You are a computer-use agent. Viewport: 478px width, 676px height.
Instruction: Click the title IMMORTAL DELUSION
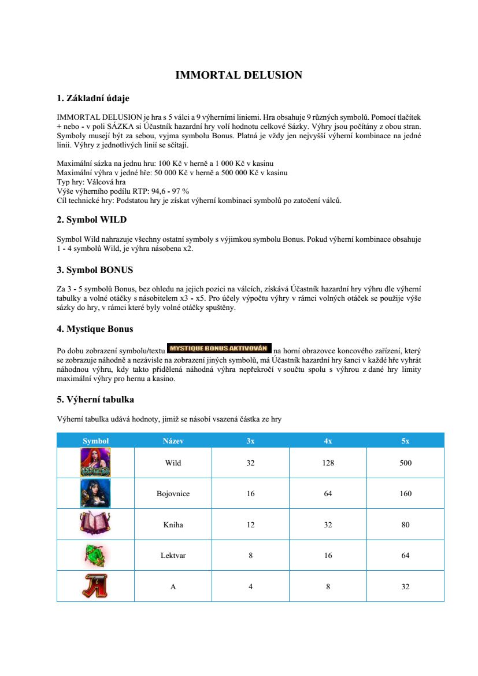pyautogui.click(x=239, y=75)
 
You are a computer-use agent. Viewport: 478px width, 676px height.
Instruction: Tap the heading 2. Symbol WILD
pyautogui.click(x=91, y=220)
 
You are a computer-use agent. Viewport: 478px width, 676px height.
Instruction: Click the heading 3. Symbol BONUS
pyautogui.click(x=95, y=270)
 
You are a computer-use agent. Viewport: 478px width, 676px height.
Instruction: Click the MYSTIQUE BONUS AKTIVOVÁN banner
pyautogui.click(x=218, y=348)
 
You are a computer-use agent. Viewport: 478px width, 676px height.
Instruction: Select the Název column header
pyautogui.click(x=173, y=441)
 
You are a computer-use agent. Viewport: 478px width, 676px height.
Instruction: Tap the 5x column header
pyautogui.click(x=405, y=441)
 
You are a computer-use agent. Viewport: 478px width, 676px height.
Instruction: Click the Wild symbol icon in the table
pyautogui.click(x=95, y=463)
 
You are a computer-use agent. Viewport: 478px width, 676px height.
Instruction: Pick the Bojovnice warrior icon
pyautogui.click(x=95, y=494)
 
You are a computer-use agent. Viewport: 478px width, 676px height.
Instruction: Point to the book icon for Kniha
pyautogui.click(x=95, y=524)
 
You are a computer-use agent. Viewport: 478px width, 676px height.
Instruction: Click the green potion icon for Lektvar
pyautogui.click(x=95, y=555)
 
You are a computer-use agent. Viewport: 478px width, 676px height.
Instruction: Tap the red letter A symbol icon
pyautogui.click(x=95, y=586)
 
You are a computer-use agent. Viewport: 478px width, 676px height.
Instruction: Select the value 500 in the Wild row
pyautogui.click(x=405, y=463)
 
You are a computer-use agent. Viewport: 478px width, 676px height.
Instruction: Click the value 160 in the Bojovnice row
pyautogui.click(x=405, y=494)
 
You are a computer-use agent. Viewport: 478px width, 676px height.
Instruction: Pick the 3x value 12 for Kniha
pyautogui.click(x=250, y=525)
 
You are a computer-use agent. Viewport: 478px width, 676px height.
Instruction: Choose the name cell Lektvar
pyautogui.click(x=173, y=556)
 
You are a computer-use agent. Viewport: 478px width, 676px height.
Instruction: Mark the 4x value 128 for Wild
pyautogui.click(x=328, y=463)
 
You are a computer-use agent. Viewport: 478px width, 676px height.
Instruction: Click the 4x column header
pyautogui.click(x=328, y=441)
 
